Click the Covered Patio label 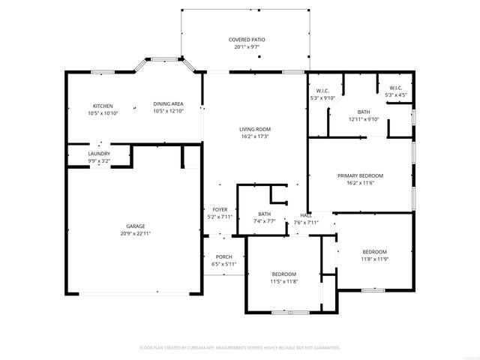pos(247,39)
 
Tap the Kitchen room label pos(103,105)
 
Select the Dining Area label pos(168,104)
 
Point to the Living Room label pos(254,129)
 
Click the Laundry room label pos(99,154)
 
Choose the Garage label pos(136,226)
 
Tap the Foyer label pos(220,209)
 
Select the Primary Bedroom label pos(360,175)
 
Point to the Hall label pos(306,214)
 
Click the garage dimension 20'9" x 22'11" pos(136,233)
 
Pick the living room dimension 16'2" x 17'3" pos(254,136)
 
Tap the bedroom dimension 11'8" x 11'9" pos(374,259)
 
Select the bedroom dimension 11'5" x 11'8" pos(284,281)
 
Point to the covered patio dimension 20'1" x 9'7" pos(247,46)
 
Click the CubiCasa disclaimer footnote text pos(240,348)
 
